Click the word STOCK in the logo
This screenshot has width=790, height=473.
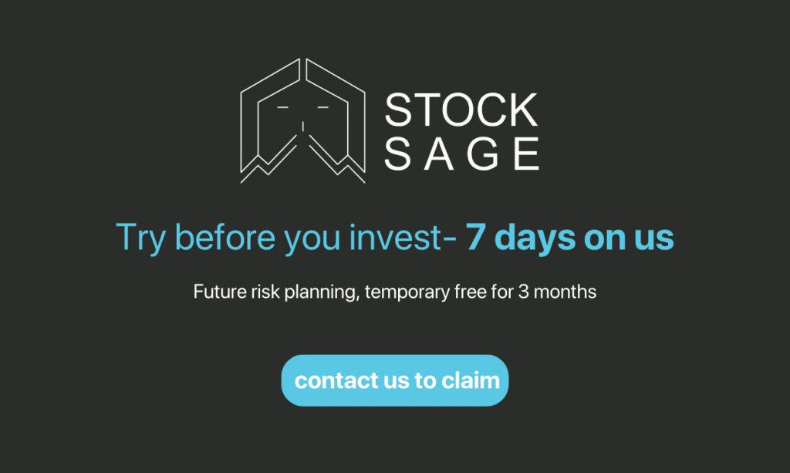[461, 110]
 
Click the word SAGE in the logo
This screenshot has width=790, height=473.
[462, 154]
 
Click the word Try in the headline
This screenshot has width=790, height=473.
[140, 237]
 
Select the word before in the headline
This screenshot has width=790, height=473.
[225, 236]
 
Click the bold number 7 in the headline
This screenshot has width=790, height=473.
[474, 237]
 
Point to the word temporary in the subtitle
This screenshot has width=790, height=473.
[407, 292]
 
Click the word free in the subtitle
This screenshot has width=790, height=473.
[471, 292]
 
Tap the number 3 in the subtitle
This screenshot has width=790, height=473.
[524, 292]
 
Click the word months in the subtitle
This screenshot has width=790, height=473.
[565, 292]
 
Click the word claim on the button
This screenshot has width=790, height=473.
[471, 380]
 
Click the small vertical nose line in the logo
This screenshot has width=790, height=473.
[302, 126]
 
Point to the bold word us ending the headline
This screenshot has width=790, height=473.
[654, 238]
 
